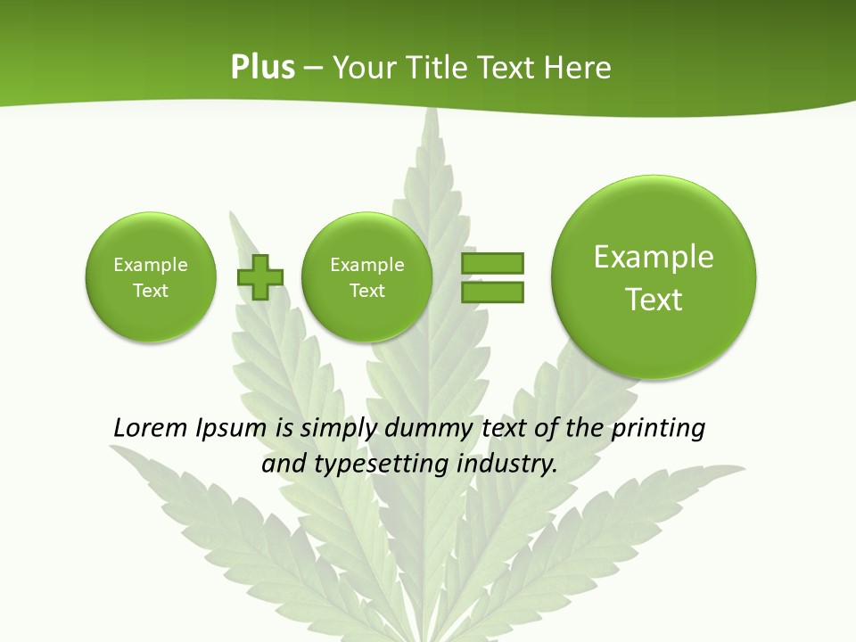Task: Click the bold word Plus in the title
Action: point(262,68)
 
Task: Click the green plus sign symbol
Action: point(259,277)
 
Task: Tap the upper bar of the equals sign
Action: point(491,263)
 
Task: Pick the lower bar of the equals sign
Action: point(491,292)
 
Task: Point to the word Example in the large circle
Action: point(654,257)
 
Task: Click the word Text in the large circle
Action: point(654,300)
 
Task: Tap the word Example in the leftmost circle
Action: point(151,265)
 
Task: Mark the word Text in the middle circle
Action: point(366,291)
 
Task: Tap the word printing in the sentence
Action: point(658,429)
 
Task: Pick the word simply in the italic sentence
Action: point(335,429)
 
